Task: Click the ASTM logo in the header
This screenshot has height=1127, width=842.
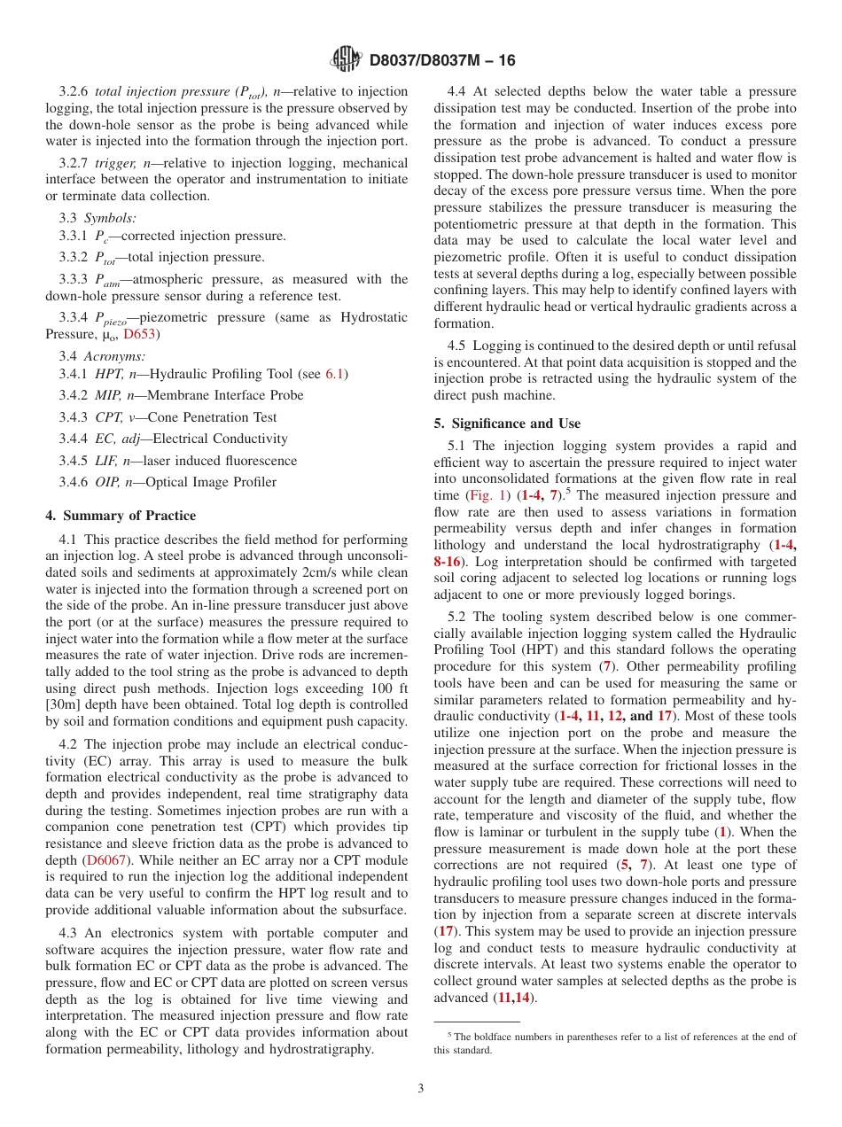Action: coord(345,60)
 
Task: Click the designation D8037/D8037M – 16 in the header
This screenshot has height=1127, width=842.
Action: coord(441,61)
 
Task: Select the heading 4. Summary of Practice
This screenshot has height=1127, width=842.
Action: coord(121,516)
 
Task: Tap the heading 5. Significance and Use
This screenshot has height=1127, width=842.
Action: coord(507,424)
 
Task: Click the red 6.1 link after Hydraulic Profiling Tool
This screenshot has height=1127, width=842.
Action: coord(334,374)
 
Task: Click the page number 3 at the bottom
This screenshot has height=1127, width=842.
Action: coord(421,1089)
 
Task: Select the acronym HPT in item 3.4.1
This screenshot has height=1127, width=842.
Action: coord(108,374)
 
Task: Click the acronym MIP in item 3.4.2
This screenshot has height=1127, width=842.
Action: coord(108,395)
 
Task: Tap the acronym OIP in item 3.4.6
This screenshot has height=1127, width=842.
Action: coord(108,482)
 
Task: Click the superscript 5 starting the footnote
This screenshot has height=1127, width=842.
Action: coord(450,1034)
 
